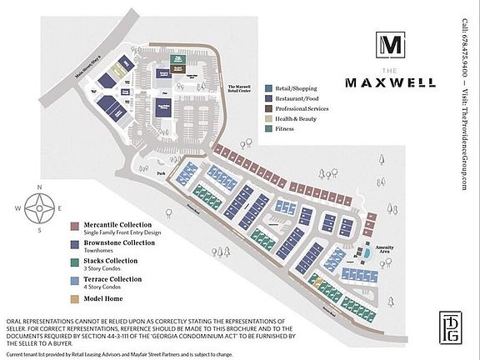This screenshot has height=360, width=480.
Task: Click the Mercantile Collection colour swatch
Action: click(75, 226)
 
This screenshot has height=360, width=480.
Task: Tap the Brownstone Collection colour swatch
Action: click(75, 244)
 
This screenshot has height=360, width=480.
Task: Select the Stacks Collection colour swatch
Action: click(75, 262)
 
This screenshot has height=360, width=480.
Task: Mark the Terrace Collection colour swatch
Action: click(75, 280)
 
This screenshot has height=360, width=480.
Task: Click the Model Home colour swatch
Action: click(75, 297)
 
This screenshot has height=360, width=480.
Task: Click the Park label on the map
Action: click(160, 173)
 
